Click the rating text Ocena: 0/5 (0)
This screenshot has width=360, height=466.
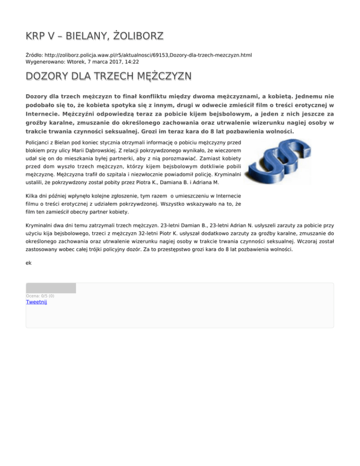tap(40, 296)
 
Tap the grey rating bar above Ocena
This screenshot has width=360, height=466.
tap(51, 288)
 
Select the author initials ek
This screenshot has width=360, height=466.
tap(29, 263)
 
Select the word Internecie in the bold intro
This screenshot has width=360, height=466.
tap(43, 113)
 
